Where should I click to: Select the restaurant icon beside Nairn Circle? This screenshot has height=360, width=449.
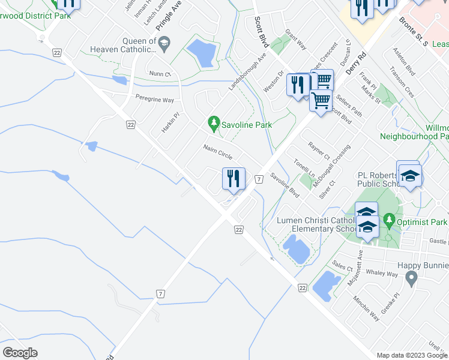pos(233,178)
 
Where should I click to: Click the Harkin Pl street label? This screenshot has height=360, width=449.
pos(170,123)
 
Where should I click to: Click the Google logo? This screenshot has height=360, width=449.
pos(20,352)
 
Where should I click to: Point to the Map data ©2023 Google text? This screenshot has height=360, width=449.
pos(411,355)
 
